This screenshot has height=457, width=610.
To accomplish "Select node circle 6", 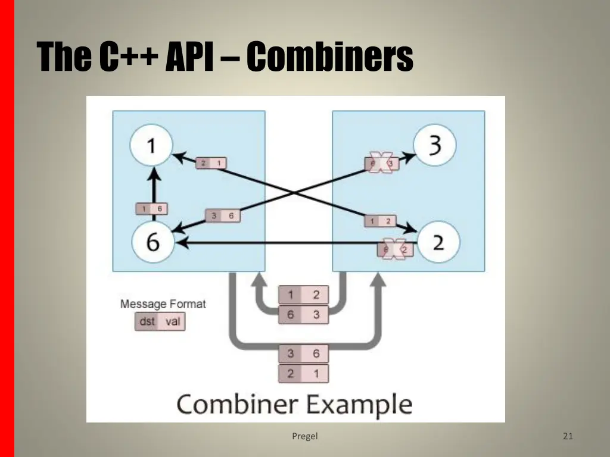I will (x=152, y=243).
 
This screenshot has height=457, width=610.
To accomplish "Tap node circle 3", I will (x=435, y=145).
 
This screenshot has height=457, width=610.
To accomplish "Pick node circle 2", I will (x=438, y=242).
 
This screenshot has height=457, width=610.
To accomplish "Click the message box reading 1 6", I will (x=151, y=208).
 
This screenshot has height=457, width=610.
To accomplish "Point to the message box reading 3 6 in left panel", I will (x=222, y=216).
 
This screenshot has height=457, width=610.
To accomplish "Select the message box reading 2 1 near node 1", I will (x=211, y=162).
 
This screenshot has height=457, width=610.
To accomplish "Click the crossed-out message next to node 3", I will (x=382, y=162).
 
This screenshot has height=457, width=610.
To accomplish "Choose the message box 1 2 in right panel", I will (x=379, y=221).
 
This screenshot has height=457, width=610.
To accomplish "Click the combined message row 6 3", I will (x=303, y=314).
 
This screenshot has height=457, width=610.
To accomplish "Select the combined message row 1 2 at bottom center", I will (x=303, y=295).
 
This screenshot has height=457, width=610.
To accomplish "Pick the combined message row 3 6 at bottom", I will (x=303, y=354).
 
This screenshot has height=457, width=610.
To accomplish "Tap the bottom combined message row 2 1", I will (x=303, y=374).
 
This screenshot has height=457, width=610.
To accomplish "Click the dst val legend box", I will (x=159, y=322).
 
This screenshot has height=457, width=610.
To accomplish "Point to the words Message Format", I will (x=163, y=304).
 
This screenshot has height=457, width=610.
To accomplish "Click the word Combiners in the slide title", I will (x=329, y=57).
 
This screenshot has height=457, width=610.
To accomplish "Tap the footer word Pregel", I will (x=305, y=436).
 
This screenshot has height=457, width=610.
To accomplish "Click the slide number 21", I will (x=568, y=436).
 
